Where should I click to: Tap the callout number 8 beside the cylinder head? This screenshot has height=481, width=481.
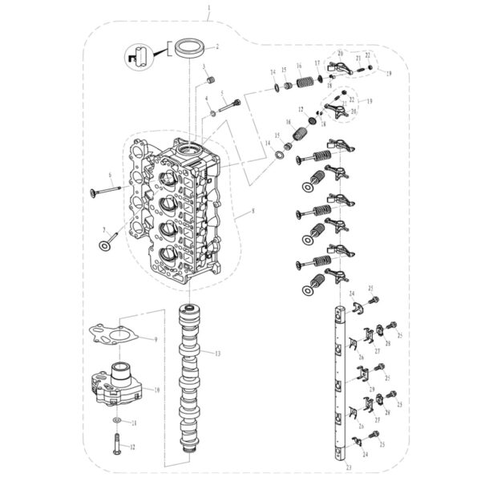coord(253,212)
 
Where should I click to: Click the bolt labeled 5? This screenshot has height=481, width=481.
coord(228,104)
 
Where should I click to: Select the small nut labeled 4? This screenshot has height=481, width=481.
coord(213,113)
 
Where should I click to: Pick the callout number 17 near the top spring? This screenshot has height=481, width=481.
coord(318,63)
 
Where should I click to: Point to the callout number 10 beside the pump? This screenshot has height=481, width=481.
coord(156,389)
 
